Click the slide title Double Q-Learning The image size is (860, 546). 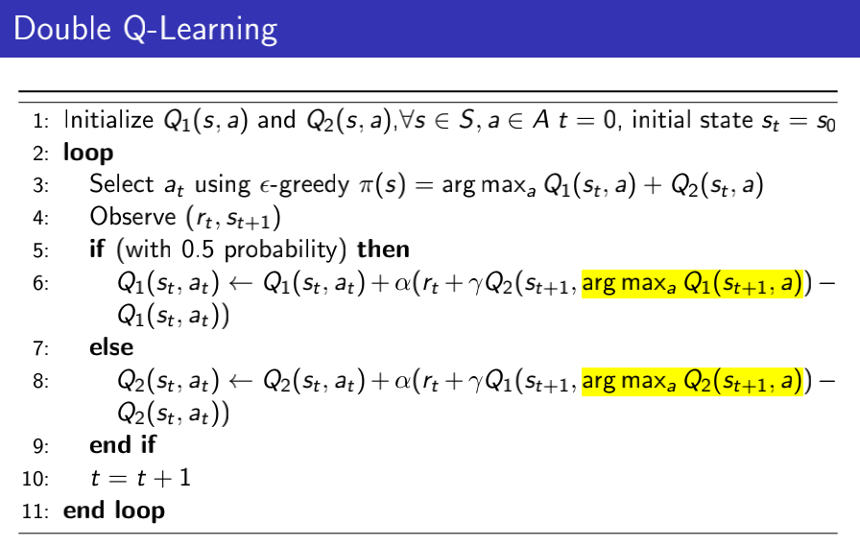145,29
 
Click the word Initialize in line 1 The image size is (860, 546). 108,120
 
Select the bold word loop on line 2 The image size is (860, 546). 88,153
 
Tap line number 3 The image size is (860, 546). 40,185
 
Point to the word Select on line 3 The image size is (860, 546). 122,184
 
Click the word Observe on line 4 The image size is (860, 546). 132,217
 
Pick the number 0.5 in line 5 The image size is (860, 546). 198,249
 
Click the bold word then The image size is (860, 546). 383,249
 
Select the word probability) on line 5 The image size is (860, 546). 285,250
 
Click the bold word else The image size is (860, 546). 111,347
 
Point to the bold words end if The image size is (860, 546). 123,444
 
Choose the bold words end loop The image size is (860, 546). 114,510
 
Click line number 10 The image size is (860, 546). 36,479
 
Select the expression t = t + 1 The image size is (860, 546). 141,478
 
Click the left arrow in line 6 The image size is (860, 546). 240,283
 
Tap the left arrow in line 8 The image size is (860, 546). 240,381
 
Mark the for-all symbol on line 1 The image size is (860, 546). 406,120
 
